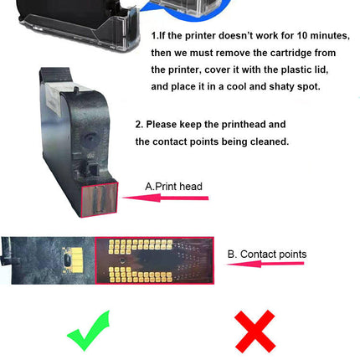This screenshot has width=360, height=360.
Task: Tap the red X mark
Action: point(255,332)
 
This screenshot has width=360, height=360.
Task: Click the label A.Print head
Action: point(173,187)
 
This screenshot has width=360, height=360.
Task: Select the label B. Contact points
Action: point(267,255)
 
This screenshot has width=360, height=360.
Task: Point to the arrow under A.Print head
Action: point(165,198)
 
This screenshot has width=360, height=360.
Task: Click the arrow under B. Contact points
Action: point(265,264)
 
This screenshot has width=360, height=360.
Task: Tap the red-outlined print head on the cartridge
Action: point(100,199)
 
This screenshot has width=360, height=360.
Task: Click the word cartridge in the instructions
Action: point(291,53)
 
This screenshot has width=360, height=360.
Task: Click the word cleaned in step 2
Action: point(270,141)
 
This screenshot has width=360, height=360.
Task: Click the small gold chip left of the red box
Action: point(73,260)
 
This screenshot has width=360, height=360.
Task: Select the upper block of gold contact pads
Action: point(140,247)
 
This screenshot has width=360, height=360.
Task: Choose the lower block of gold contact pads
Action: point(140,275)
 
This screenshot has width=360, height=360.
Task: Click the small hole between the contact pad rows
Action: point(122,260)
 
